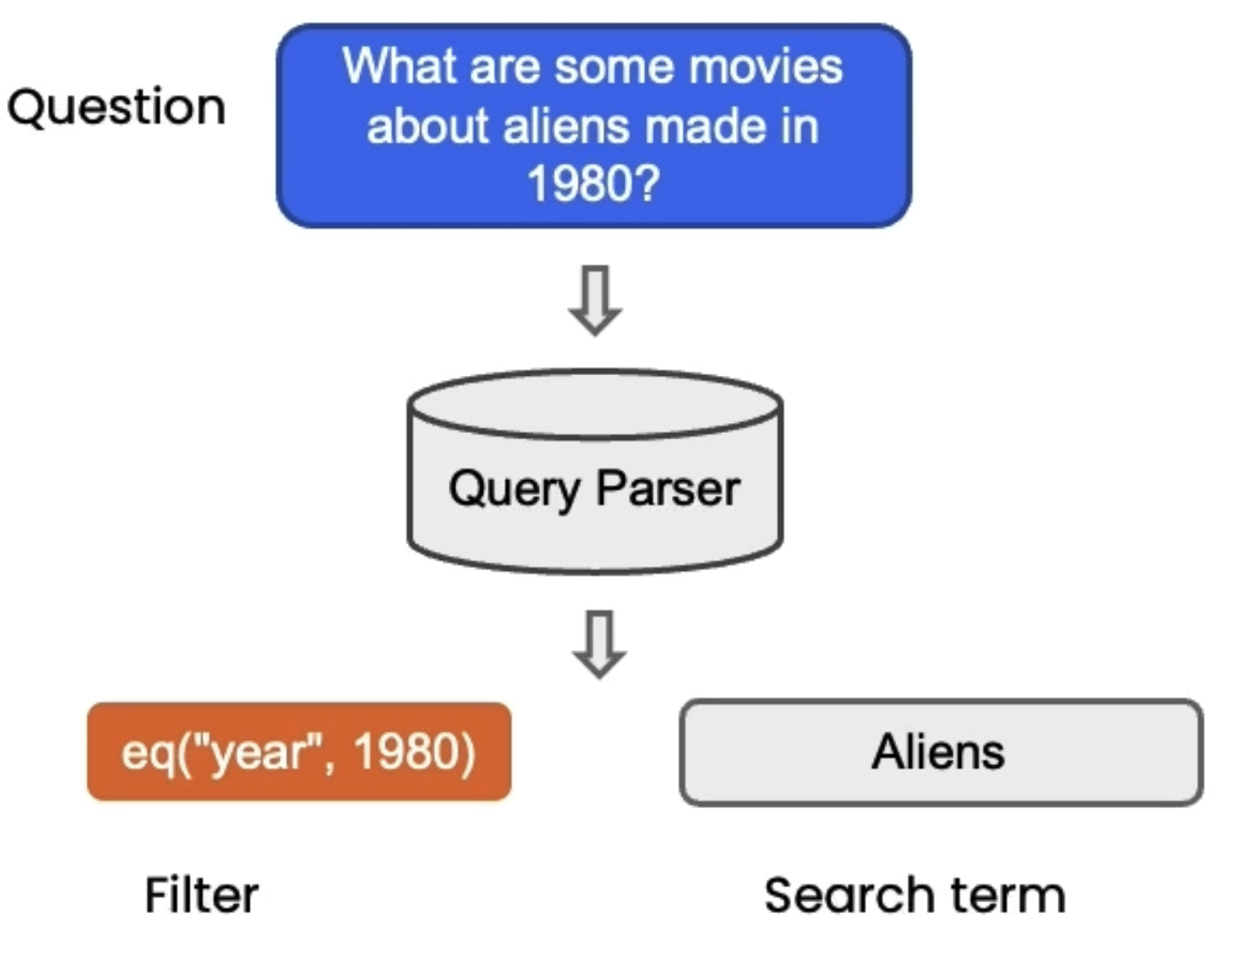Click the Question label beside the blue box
click(116, 108)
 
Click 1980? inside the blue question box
click(593, 183)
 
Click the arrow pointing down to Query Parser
click(595, 299)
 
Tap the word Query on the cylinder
click(514, 489)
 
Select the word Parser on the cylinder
click(667, 489)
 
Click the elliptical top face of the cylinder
click(594, 404)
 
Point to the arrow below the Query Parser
click(599, 643)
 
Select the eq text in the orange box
click(143, 752)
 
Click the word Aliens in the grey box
click(938, 752)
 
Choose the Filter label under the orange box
click(201, 895)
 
